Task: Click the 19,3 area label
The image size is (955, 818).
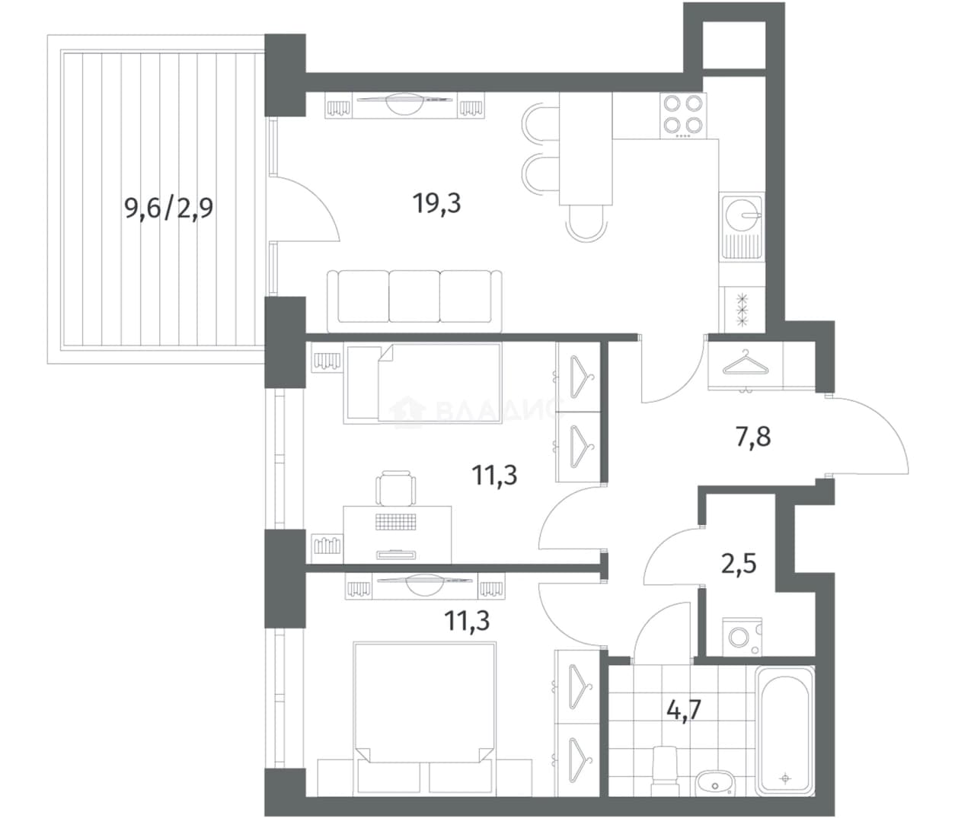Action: click(437, 204)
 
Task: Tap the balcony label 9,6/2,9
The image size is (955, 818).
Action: click(168, 208)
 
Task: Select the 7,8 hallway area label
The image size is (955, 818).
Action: click(753, 437)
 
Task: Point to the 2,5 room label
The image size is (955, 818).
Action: click(739, 564)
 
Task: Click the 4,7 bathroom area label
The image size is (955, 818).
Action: click(684, 709)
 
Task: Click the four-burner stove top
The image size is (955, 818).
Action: click(683, 116)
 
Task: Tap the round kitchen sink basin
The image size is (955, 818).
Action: click(743, 215)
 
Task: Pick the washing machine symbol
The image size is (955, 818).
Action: click(742, 637)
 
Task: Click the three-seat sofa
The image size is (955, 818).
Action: click(414, 301)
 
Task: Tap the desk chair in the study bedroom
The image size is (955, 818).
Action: click(395, 489)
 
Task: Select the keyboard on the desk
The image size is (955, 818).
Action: click(395, 522)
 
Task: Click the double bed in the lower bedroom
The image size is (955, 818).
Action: click(424, 718)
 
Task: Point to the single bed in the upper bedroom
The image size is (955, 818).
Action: click(423, 384)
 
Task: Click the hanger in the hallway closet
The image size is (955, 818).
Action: click(746, 363)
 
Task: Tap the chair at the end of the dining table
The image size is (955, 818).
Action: click(586, 223)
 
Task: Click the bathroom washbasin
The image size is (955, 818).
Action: click(715, 782)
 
